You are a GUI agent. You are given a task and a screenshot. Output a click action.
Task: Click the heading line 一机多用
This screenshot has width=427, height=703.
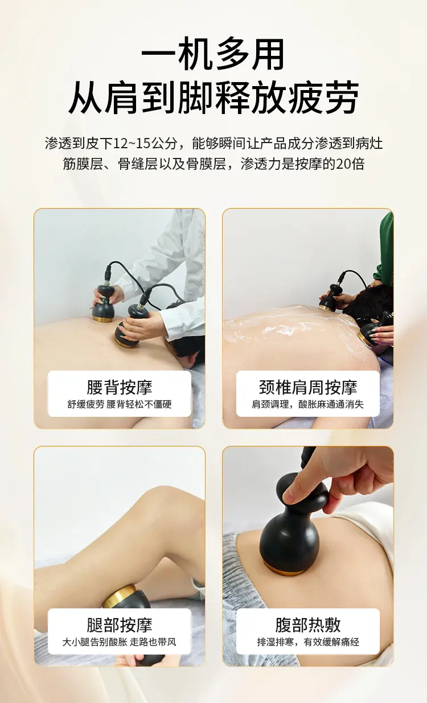pyautogui.click(x=213, y=54)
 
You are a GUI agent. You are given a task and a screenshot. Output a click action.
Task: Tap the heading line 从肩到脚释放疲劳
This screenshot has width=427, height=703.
pyautogui.click(x=213, y=97)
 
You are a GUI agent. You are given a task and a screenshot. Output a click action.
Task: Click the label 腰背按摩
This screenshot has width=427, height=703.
pyautogui.click(x=120, y=387)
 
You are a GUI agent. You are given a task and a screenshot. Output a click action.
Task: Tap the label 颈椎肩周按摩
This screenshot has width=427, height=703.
pyautogui.click(x=307, y=387)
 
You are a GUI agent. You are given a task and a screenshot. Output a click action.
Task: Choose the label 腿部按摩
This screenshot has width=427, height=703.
pyautogui.click(x=120, y=625)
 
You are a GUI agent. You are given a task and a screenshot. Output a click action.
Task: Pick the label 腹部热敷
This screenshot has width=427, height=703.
pyautogui.click(x=307, y=625)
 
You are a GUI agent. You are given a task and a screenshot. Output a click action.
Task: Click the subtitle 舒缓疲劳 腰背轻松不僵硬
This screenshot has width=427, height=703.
pyautogui.click(x=120, y=404)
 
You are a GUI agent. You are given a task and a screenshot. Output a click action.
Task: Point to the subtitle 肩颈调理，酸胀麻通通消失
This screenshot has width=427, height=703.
pyautogui.click(x=307, y=404)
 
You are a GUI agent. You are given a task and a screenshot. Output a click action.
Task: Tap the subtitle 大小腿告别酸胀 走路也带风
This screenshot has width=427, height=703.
pyautogui.click(x=120, y=642)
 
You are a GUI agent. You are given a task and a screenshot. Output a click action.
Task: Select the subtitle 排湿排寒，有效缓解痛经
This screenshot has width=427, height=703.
pyautogui.click(x=307, y=642)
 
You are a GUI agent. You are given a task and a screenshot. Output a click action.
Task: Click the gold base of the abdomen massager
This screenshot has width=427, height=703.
pyautogui.click(x=284, y=570)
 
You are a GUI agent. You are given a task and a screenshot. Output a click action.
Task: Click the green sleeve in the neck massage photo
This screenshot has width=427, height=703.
pyautogui.click(x=386, y=251)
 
